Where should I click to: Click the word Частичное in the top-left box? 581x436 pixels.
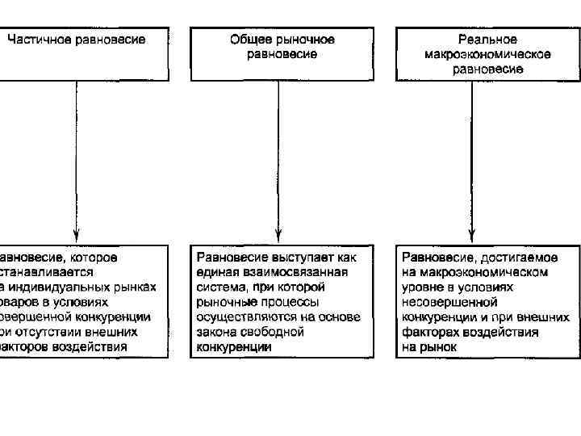click(x=37, y=40)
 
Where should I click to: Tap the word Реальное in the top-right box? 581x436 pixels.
click(x=487, y=40)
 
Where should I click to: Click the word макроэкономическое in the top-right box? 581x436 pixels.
click(x=487, y=54)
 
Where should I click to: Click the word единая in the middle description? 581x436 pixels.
click(x=215, y=273)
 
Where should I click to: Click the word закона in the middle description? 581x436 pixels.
click(x=215, y=332)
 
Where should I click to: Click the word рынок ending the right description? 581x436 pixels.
click(x=439, y=347)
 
